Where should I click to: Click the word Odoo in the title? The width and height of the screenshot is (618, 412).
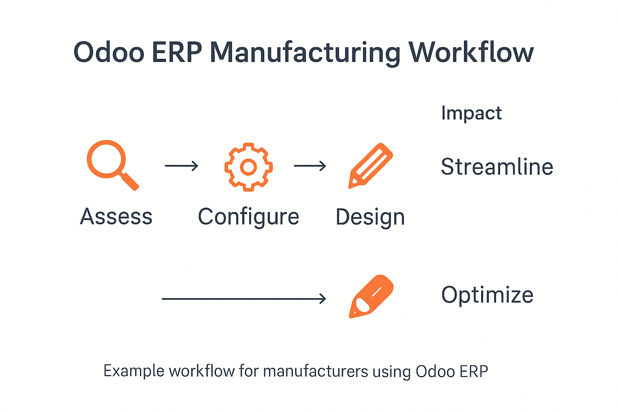(109, 52)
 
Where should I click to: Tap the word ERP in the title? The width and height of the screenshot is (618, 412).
(177, 52)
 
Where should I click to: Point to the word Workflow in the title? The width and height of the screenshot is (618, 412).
(471, 52)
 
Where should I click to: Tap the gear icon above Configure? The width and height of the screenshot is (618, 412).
(249, 167)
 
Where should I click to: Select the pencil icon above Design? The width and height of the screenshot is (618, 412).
(371, 165)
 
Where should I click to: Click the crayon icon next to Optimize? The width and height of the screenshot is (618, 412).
(371, 297)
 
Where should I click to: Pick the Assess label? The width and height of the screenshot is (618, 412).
(116, 217)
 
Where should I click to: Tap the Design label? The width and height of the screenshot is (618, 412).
(370, 218)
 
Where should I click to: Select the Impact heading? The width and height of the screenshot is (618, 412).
(471, 113)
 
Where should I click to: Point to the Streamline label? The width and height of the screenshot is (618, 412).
(497, 167)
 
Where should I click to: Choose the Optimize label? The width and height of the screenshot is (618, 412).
(487, 295)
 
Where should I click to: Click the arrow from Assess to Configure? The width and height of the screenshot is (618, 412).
(181, 166)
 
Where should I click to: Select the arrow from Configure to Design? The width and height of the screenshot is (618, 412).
(310, 166)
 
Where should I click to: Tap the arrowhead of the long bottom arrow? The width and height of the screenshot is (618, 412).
(323, 299)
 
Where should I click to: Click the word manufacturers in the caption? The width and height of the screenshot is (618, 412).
(315, 371)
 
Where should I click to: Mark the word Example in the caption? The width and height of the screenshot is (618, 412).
(134, 371)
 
